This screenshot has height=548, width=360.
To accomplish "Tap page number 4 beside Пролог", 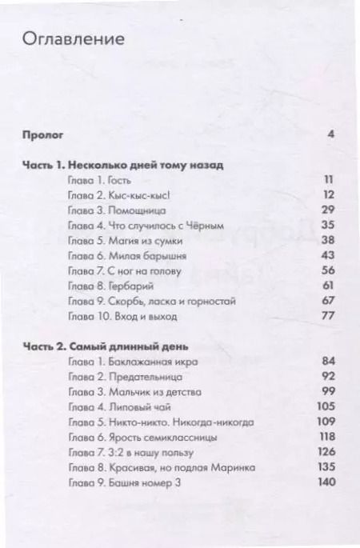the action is (330, 134).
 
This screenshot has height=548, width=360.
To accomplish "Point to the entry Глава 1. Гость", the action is (101, 181).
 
